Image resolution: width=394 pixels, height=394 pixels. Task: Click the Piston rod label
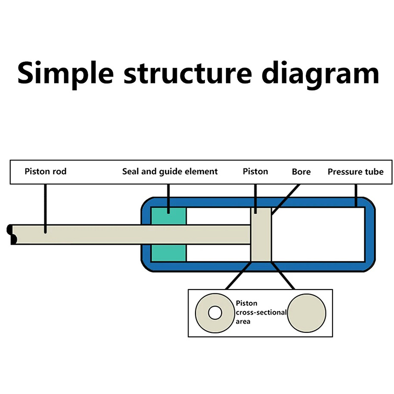pos(45,172)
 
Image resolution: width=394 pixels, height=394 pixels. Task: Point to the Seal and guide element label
pos(169,172)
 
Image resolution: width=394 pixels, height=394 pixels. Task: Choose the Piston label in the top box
pos(255,172)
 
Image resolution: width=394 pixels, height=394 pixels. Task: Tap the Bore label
pos(301,172)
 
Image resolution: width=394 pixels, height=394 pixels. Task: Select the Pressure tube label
pos(355,172)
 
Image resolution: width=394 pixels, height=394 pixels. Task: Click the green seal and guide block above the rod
pos(168,216)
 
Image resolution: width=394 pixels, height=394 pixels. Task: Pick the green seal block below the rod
pos(168,253)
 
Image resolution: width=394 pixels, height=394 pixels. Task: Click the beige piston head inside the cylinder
pos(261,234)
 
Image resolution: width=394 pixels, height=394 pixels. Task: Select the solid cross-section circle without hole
pos(307,313)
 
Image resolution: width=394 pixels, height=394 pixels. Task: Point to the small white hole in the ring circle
pos(214,313)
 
